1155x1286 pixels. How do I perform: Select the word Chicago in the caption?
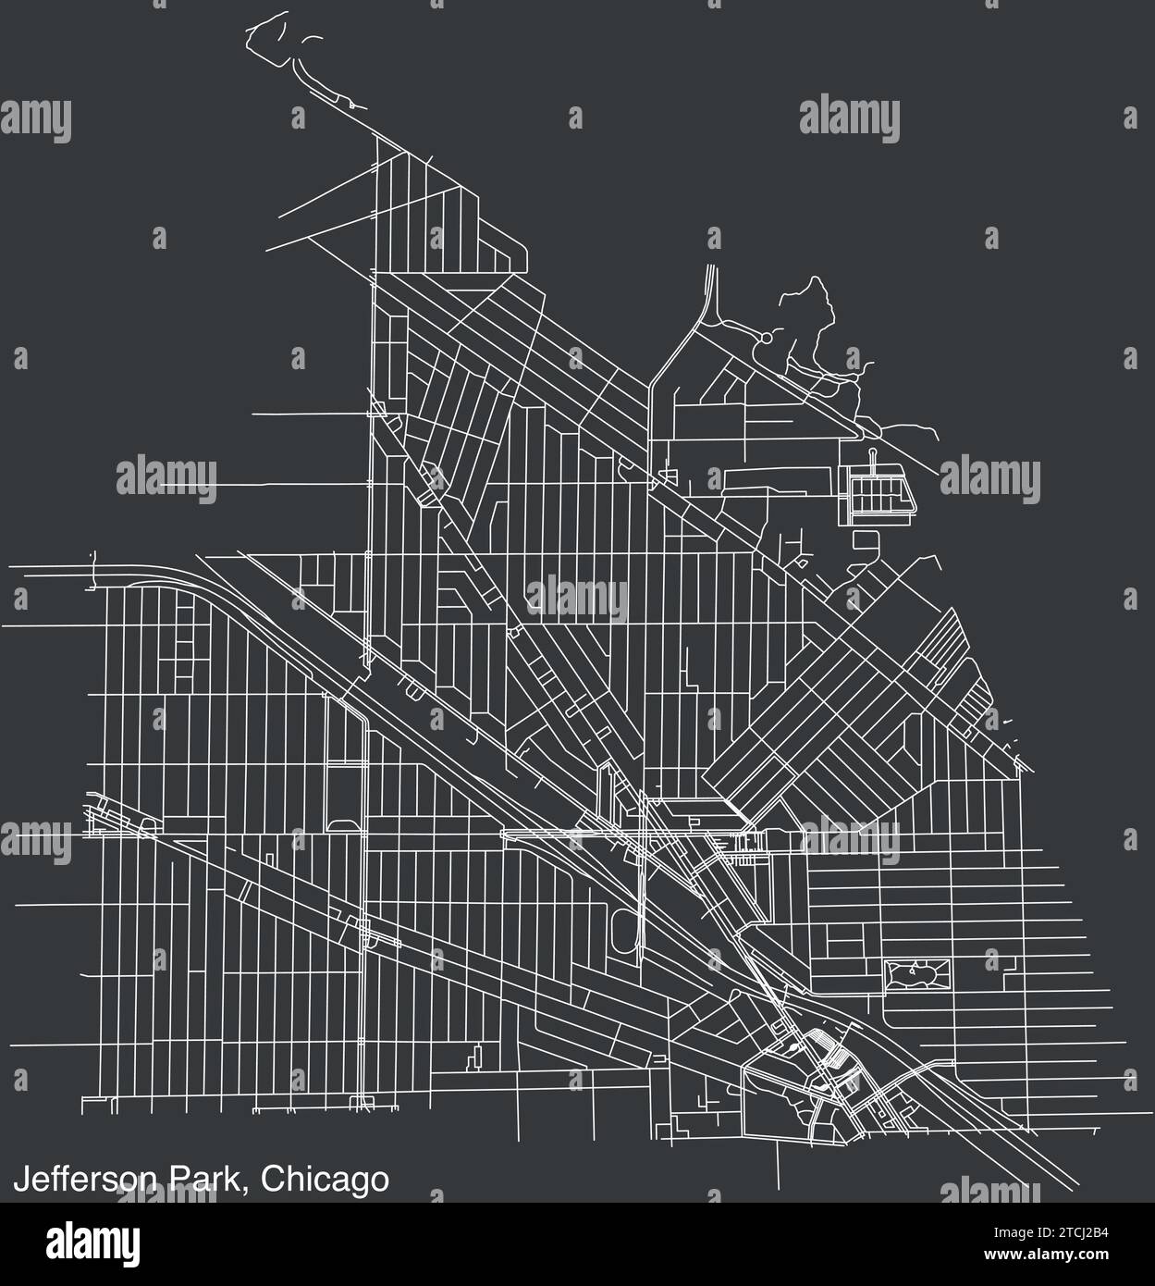click(x=324, y=1180)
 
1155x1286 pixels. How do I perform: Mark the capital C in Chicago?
click(x=272, y=1180)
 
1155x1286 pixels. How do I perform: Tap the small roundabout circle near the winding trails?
click(x=765, y=340)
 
